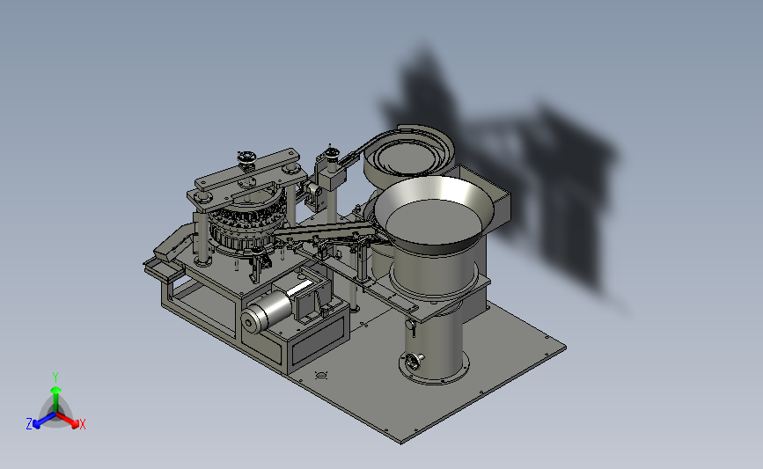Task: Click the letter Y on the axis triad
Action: point(55,377)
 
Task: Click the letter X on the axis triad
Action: point(82,424)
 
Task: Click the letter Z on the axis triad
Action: point(29,424)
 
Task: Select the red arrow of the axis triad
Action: point(68,421)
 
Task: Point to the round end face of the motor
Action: point(250,323)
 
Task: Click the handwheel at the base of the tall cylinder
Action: point(413,362)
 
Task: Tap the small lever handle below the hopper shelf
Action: point(412,328)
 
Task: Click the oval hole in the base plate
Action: point(320,375)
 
